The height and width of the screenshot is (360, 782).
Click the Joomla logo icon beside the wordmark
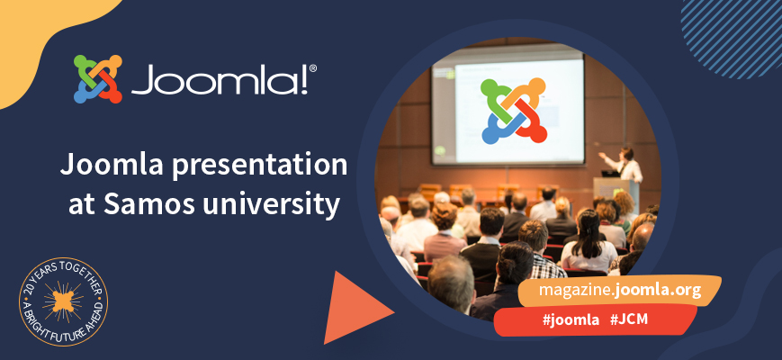[x=97, y=79]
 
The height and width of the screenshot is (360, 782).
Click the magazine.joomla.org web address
[x=619, y=291]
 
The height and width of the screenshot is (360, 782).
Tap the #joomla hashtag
[x=567, y=320]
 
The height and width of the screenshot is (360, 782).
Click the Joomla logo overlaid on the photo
[x=514, y=111]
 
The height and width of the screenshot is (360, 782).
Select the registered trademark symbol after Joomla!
[x=312, y=67]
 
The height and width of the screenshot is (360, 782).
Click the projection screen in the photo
[x=508, y=108]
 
